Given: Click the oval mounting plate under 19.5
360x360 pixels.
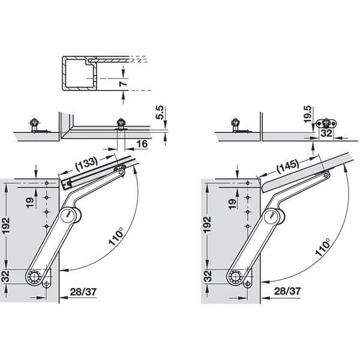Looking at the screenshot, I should point(328,120).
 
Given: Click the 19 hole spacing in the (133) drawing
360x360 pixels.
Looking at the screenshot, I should point(29,202).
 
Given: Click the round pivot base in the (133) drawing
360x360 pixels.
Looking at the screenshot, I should point(39,277).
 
